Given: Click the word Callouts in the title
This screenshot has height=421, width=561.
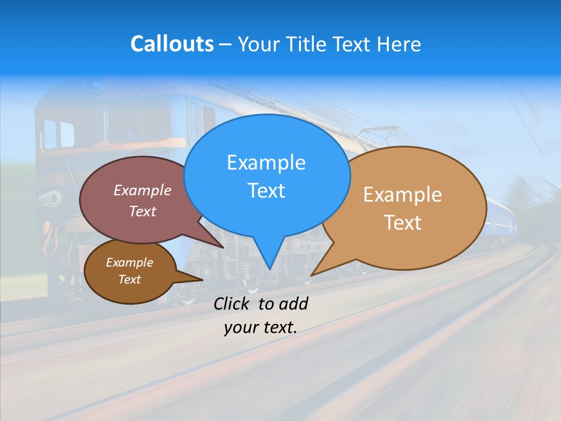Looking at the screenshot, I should point(172,44).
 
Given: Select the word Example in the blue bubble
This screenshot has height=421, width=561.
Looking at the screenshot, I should point(266,163).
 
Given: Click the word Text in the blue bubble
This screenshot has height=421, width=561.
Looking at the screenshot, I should point(266,191).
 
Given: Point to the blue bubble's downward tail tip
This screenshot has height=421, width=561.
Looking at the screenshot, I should point(269,269).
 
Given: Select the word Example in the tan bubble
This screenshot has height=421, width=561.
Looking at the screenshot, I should point(403,195).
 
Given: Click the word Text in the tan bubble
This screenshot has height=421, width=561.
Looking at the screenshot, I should point(403,223).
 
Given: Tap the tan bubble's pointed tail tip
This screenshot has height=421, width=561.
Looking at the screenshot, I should point(311,275).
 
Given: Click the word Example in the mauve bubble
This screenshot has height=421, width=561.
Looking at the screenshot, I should point(143,190).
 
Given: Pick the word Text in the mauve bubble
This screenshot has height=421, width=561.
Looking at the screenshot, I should point(143,211).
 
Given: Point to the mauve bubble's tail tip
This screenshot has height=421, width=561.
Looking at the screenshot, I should point(223,247).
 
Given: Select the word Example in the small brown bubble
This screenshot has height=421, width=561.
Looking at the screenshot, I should point(129,263).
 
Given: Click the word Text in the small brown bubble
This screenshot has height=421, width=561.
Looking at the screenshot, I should point(129,279).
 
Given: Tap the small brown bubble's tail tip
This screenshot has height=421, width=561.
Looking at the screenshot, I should point(202,280).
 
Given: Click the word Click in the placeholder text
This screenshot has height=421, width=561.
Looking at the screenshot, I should point(233,303).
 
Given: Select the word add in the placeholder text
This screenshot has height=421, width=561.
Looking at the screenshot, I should point(293,303).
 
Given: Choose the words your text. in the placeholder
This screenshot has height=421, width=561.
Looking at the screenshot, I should point(260,327).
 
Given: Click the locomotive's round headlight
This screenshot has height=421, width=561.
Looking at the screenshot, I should point(51,199).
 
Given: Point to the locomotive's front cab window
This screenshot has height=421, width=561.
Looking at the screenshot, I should point(58,134).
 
